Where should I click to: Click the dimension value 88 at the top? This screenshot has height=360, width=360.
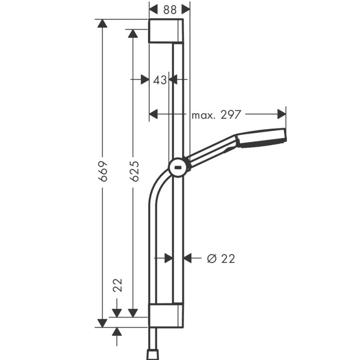(170, 10)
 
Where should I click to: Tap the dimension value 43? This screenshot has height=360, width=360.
(160, 80)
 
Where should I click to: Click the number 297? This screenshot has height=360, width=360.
(231, 114)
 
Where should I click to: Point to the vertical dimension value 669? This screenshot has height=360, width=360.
(103, 171)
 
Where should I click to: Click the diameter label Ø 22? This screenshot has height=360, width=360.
(221, 259)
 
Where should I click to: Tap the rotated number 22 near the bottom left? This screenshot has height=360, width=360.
(118, 285)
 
